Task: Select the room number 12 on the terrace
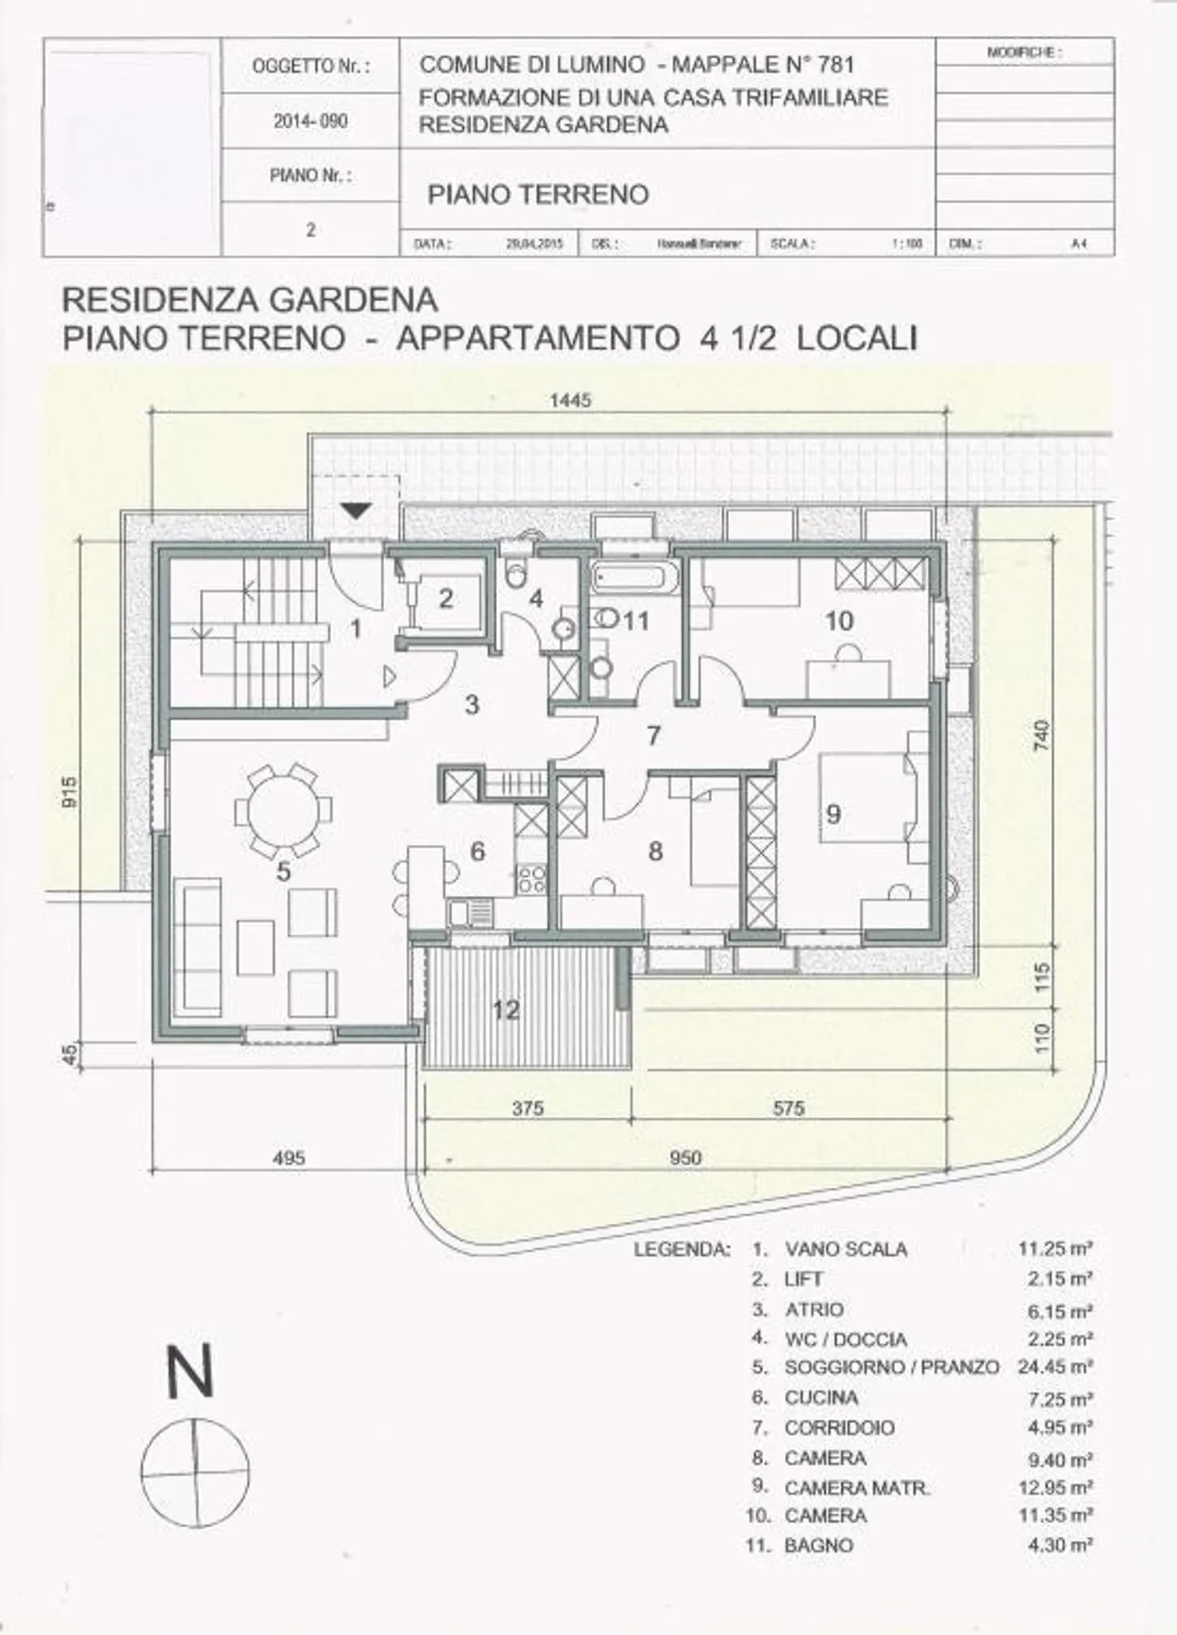click(x=506, y=1010)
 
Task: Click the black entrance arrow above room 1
click(x=356, y=510)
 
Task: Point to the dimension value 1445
click(x=570, y=400)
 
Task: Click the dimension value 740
click(x=1041, y=737)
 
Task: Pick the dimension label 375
click(x=528, y=1109)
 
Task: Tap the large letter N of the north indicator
click(x=190, y=1371)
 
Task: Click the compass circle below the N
click(x=195, y=1471)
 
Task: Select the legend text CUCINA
click(x=821, y=1397)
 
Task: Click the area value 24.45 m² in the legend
click(x=1054, y=1366)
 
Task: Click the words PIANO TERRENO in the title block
click(x=538, y=195)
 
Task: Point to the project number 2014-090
click(x=311, y=121)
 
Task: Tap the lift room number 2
click(x=445, y=598)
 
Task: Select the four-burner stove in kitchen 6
click(x=531, y=879)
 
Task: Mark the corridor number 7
click(x=653, y=736)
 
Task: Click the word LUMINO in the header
click(x=603, y=64)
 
